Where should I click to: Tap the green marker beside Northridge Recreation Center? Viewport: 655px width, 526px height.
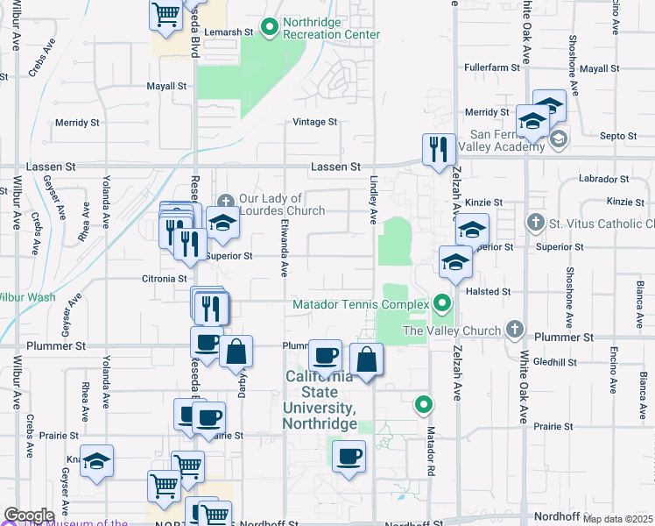pos(269,28)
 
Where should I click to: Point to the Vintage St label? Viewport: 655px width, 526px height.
pos(314,122)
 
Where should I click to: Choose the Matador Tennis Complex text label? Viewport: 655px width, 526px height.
pos(360,304)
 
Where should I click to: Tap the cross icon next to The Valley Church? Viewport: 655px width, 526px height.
pos(516,331)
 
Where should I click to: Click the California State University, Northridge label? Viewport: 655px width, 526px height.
pos(320,400)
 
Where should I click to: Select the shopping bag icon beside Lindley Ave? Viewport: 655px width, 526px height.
pos(366,359)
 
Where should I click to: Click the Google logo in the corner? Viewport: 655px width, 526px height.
pos(29,515)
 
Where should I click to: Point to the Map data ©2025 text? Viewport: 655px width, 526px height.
pos(618,519)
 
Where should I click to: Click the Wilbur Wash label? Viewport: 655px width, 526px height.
pos(26,297)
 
